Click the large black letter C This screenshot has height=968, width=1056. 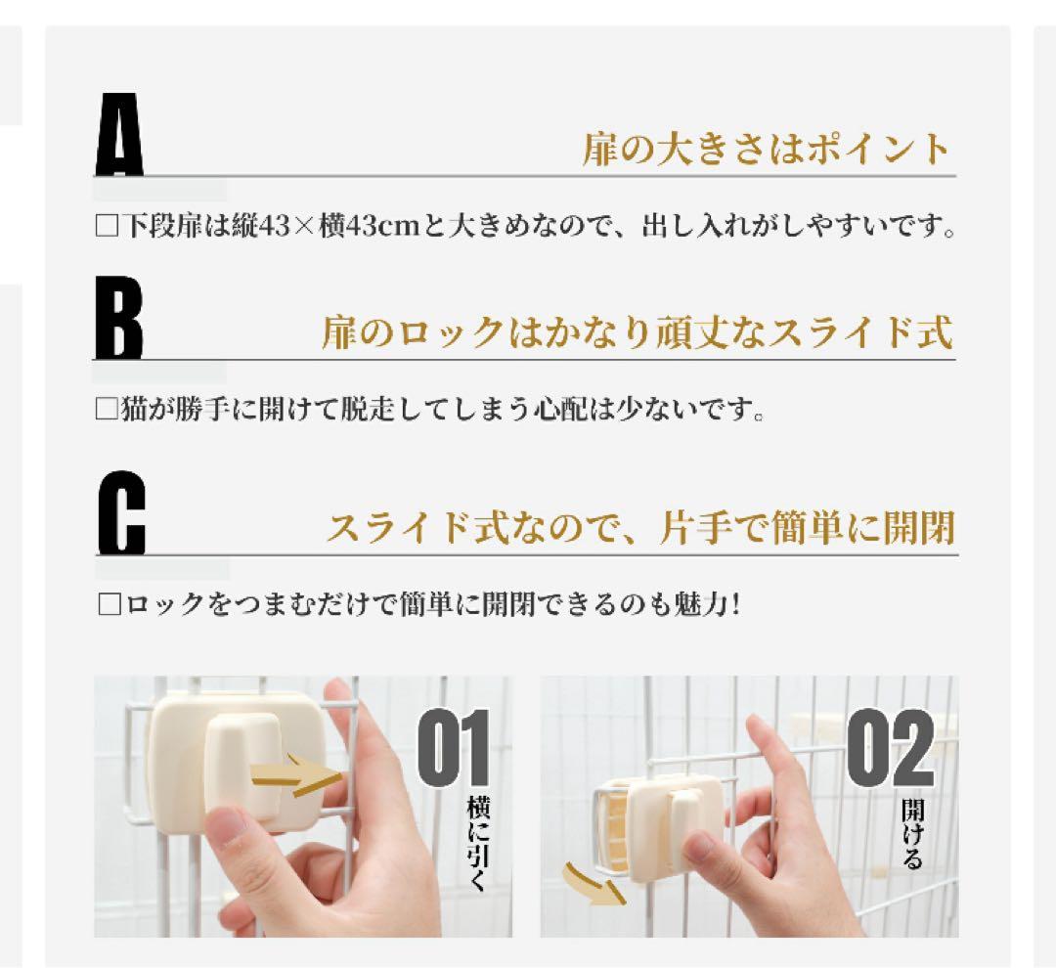point(121,512)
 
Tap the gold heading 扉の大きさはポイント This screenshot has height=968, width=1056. point(766,151)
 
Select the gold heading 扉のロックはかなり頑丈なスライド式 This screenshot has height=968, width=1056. point(637,333)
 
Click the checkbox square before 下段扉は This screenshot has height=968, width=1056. point(106,228)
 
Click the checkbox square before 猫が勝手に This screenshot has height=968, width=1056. point(106,409)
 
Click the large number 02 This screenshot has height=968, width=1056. point(890,749)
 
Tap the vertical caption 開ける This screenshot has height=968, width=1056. point(911,836)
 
